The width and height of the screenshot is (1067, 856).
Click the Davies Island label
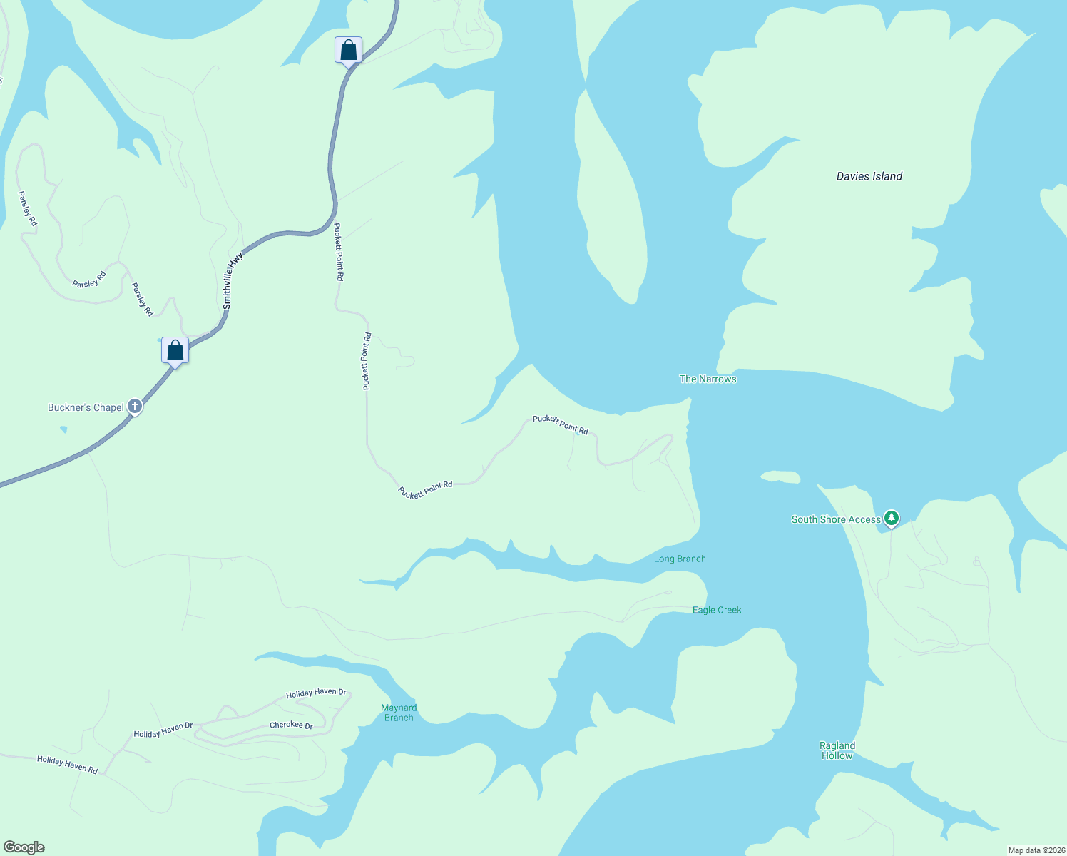[869, 176]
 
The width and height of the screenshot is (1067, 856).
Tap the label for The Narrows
[708, 379]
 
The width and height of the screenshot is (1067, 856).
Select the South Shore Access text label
[836, 519]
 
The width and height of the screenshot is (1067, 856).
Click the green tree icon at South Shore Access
[891, 518]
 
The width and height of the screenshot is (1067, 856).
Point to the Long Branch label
[680, 559]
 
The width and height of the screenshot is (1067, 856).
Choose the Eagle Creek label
[717, 610]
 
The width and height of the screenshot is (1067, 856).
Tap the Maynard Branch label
[399, 713]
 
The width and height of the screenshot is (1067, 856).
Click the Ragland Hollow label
[837, 750]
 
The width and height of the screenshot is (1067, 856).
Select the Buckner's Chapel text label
[86, 407]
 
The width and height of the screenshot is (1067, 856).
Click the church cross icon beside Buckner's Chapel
[135, 407]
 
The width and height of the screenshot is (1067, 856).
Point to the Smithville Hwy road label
[233, 280]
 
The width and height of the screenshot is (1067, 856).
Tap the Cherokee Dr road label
[291, 725]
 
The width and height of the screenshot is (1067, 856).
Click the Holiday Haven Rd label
[67, 765]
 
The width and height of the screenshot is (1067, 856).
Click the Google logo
[24, 847]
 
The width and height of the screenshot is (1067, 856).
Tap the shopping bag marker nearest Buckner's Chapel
[175, 351]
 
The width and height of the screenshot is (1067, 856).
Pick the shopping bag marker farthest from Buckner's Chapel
[348, 51]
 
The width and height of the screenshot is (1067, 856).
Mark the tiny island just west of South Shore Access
[780, 477]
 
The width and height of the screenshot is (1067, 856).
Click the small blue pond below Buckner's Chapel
[63, 429]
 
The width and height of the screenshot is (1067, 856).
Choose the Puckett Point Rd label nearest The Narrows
[561, 424]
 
